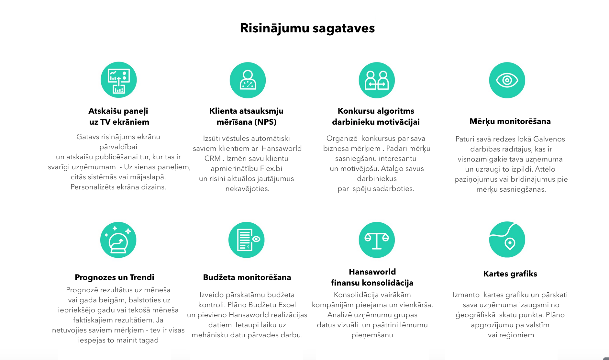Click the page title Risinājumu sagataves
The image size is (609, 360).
point(307,28)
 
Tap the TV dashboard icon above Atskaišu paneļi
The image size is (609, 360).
point(118,80)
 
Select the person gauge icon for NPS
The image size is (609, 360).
point(248,80)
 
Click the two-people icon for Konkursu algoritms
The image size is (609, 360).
point(377,80)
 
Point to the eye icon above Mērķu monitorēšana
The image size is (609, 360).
point(507,80)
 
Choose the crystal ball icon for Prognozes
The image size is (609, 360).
point(118,240)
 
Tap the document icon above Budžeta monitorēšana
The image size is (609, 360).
point(246,240)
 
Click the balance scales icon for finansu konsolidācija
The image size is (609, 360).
point(377,240)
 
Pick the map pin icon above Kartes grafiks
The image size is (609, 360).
point(507,240)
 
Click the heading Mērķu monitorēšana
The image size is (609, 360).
point(510,121)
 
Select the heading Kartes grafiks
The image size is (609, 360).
point(510,274)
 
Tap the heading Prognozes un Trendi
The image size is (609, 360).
point(114,277)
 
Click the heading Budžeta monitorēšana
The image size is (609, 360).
point(247,277)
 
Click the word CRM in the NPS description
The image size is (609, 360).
point(212,159)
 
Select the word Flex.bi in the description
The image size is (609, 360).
point(271,169)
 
